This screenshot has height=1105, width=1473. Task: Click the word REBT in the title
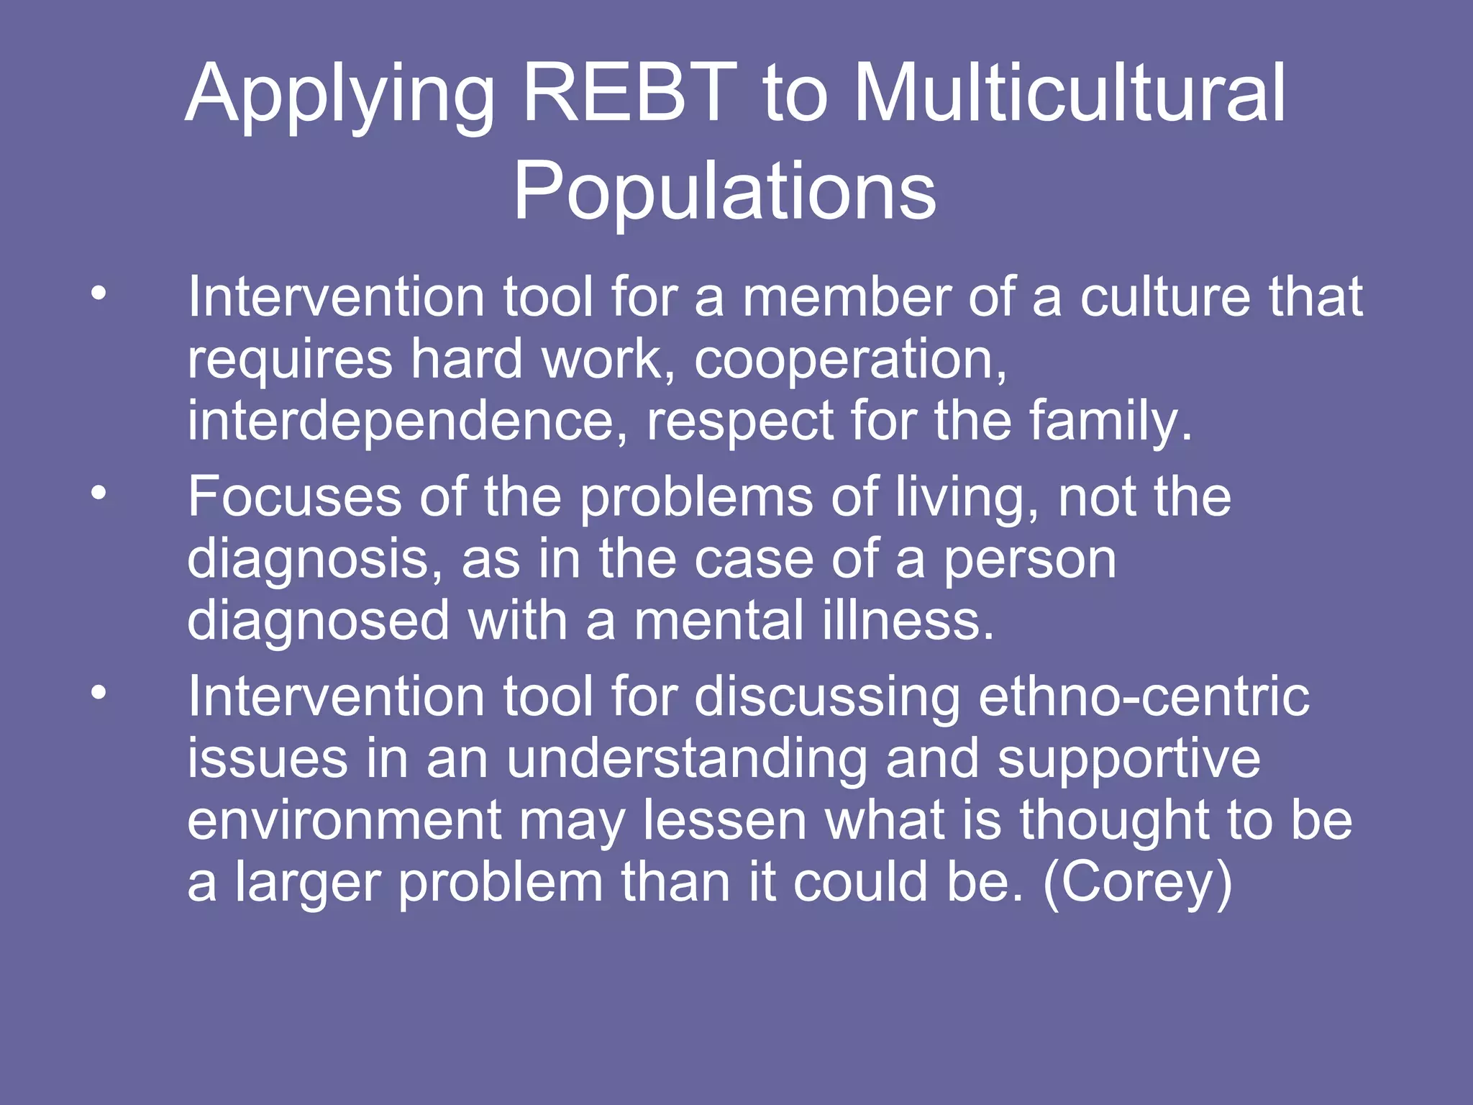(630, 94)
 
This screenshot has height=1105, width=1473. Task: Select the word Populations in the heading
(724, 191)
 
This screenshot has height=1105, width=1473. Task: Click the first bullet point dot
(99, 293)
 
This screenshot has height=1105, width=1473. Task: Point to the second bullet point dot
(99, 493)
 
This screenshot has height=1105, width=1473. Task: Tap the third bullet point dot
(99, 693)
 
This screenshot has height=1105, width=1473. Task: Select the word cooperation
(849, 360)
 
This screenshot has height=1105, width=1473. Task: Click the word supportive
(1128, 760)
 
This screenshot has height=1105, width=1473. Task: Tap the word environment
(344, 821)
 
